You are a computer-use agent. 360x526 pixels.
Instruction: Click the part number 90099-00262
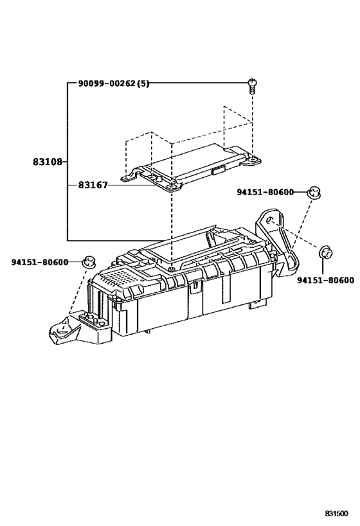click(x=107, y=83)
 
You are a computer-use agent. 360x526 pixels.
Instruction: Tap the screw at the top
click(x=252, y=85)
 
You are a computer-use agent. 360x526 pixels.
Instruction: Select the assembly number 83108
click(x=48, y=162)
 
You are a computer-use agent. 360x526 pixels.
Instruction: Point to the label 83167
click(x=93, y=185)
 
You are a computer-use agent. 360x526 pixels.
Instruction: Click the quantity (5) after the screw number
click(x=143, y=83)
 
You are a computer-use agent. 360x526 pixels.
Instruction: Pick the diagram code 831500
click(x=336, y=513)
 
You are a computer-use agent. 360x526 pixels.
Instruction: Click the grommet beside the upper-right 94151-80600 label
click(x=314, y=193)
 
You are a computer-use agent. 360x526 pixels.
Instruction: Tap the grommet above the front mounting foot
click(x=89, y=261)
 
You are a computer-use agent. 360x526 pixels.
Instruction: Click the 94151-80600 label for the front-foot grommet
click(x=40, y=262)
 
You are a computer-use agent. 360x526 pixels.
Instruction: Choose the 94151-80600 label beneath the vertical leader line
click(x=325, y=280)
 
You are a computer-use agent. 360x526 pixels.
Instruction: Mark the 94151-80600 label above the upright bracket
click(x=265, y=192)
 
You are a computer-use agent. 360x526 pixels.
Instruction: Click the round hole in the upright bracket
click(x=269, y=220)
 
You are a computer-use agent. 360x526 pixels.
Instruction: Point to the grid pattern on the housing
click(x=116, y=277)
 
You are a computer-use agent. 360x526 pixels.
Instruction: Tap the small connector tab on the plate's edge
click(x=219, y=170)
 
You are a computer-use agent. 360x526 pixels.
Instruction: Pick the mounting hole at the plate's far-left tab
click(x=125, y=178)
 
